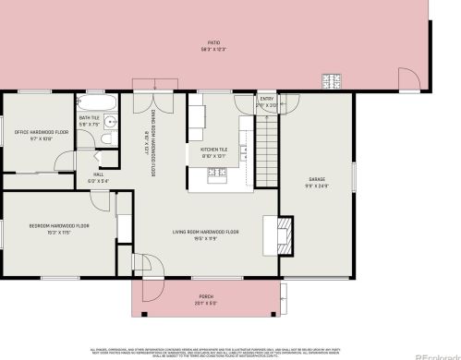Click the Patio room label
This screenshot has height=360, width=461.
point(213,43)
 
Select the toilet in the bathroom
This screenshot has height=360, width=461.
point(106,138)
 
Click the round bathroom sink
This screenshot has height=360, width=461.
point(110,120)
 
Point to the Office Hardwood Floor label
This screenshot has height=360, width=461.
point(41,133)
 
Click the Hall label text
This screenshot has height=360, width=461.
point(98,174)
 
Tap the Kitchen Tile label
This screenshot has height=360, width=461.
point(213,148)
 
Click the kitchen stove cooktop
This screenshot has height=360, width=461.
point(217,172)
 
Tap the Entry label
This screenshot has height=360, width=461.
point(266,99)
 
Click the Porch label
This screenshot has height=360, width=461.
point(206,297)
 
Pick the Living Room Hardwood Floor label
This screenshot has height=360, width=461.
point(206,232)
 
